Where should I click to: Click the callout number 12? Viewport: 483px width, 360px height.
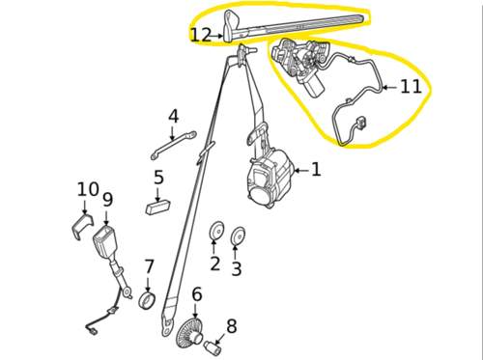(201, 35)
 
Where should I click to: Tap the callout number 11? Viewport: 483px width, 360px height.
(411, 86)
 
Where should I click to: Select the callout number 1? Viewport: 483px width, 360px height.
(316, 169)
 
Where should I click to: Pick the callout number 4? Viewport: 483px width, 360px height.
(173, 117)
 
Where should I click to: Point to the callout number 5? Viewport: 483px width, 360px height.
(158, 178)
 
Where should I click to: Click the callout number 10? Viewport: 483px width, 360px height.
(88, 189)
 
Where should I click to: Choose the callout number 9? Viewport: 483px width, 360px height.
(108, 200)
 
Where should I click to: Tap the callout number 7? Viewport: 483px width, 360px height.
(149, 266)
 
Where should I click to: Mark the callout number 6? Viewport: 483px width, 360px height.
(197, 294)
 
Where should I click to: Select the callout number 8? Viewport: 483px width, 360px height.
(232, 326)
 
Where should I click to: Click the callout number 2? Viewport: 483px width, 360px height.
(215, 263)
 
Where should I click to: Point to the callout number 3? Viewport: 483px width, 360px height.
(237, 268)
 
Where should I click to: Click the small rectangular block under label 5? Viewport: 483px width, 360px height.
(158, 207)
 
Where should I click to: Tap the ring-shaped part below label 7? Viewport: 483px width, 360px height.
(147, 300)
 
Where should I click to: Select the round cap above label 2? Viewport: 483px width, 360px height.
(215, 231)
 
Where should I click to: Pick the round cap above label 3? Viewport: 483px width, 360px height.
(239, 236)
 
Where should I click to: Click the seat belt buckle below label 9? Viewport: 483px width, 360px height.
(103, 241)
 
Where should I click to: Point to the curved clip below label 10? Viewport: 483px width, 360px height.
(82, 226)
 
